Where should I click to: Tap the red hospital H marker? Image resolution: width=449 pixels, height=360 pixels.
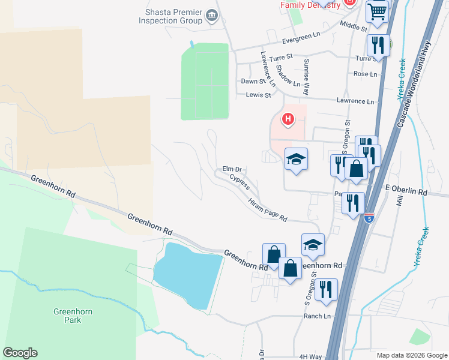tap(288, 119)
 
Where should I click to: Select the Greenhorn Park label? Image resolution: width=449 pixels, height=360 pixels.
tap(71, 316)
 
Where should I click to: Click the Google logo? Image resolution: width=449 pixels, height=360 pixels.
tap(20, 353)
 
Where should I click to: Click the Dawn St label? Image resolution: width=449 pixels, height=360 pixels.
tap(253, 81)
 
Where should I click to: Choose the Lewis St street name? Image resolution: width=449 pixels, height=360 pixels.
tap(259, 95)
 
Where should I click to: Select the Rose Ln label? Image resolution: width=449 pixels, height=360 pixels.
tap(365, 74)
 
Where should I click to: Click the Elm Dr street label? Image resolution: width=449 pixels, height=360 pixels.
tap(232, 169)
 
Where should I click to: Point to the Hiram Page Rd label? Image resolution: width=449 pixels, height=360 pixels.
tap(268, 210)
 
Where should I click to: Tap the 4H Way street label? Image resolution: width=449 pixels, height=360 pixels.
tap(311, 356)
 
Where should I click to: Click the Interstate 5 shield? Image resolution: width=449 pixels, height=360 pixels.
tap(369, 217)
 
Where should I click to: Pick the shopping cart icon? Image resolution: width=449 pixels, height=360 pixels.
tap(377, 11)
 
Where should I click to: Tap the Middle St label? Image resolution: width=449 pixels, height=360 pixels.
tap(353, 26)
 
